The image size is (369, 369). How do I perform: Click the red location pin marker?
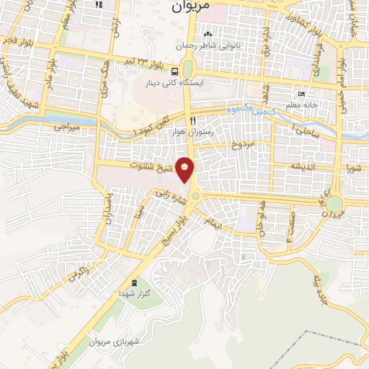[x=186, y=170]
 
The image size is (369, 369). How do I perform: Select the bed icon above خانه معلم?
[x=301, y=94]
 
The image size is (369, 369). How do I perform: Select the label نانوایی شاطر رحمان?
[x=208, y=44]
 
